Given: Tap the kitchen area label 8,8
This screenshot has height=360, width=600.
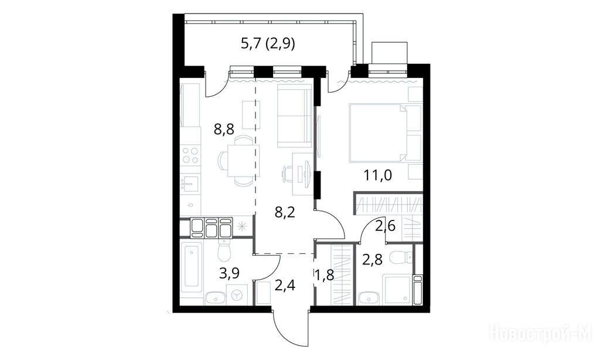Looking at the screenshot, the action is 224,130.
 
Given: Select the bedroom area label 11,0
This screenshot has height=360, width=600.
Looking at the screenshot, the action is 378,175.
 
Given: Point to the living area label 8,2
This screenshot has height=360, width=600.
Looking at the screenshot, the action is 285,212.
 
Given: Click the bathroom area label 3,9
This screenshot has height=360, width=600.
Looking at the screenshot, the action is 229,273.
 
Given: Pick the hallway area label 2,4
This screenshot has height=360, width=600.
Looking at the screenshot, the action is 285,285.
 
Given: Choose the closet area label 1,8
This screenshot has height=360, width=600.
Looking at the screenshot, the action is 325,275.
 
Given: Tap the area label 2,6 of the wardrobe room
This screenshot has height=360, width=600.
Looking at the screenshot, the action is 385,226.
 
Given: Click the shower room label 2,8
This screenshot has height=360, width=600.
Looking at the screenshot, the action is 372,260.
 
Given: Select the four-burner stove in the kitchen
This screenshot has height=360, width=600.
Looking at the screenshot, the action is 190,155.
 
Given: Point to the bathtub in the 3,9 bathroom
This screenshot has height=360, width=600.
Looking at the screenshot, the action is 192,267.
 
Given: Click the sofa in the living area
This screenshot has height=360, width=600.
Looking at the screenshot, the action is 294,116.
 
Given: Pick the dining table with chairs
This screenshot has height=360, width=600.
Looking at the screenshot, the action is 240,161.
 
